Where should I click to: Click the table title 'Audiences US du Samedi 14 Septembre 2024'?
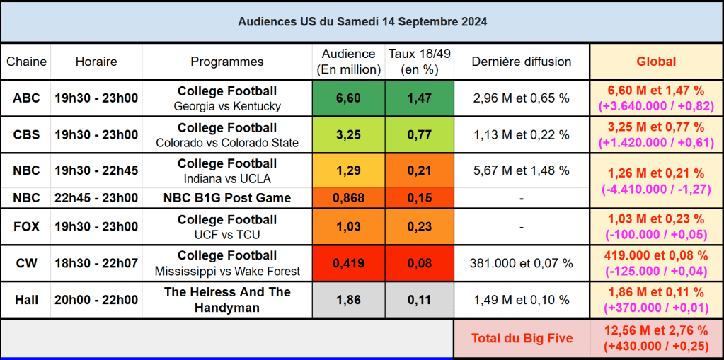click(x=362, y=22)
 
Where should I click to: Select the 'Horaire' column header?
click(x=96, y=62)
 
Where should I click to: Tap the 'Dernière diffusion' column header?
click(x=522, y=62)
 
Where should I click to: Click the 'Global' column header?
click(x=656, y=62)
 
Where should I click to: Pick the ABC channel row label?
click(x=26, y=98)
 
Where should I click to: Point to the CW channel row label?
click(x=26, y=263)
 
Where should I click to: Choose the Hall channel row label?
click(x=26, y=300)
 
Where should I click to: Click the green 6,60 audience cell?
click(x=348, y=98)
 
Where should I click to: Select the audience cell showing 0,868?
click(x=348, y=198)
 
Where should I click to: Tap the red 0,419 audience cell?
click(x=348, y=263)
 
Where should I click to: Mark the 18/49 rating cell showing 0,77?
click(x=419, y=134)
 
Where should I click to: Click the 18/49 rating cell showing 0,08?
click(x=419, y=263)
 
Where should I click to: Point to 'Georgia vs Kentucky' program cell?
click(x=227, y=99)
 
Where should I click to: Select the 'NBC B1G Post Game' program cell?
click(x=227, y=198)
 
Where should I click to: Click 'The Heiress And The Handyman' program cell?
click(x=227, y=300)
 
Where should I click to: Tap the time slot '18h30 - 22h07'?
click(x=96, y=263)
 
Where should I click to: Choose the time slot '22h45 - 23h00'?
click(x=96, y=198)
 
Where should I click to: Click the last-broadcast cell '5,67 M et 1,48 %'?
click(x=522, y=170)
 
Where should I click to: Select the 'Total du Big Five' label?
click(x=522, y=338)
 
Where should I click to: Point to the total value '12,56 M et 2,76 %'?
click(x=656, y=330)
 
